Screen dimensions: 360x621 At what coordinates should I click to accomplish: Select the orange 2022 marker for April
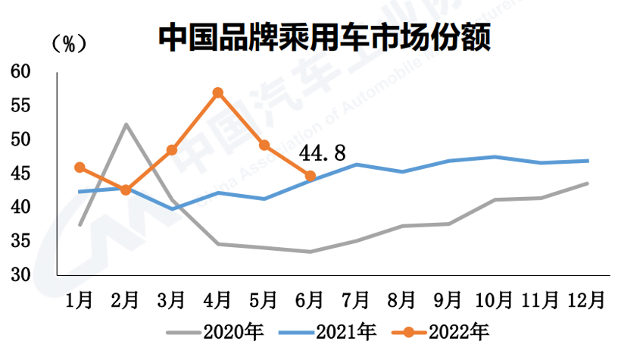click(218, 93)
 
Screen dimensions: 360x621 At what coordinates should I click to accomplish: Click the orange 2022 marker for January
click(80, 167)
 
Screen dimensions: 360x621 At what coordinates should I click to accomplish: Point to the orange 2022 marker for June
click(310, 176)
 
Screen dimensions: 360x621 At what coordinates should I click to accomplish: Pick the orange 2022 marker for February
click(126, 190)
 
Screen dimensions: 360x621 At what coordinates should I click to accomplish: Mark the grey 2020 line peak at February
click(126, 124)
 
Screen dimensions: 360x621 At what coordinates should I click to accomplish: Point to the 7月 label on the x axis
click(356, 300)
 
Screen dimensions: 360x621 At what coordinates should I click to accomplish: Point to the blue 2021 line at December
click(588, 161)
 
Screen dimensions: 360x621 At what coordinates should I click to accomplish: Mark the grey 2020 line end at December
click(588, 183)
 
